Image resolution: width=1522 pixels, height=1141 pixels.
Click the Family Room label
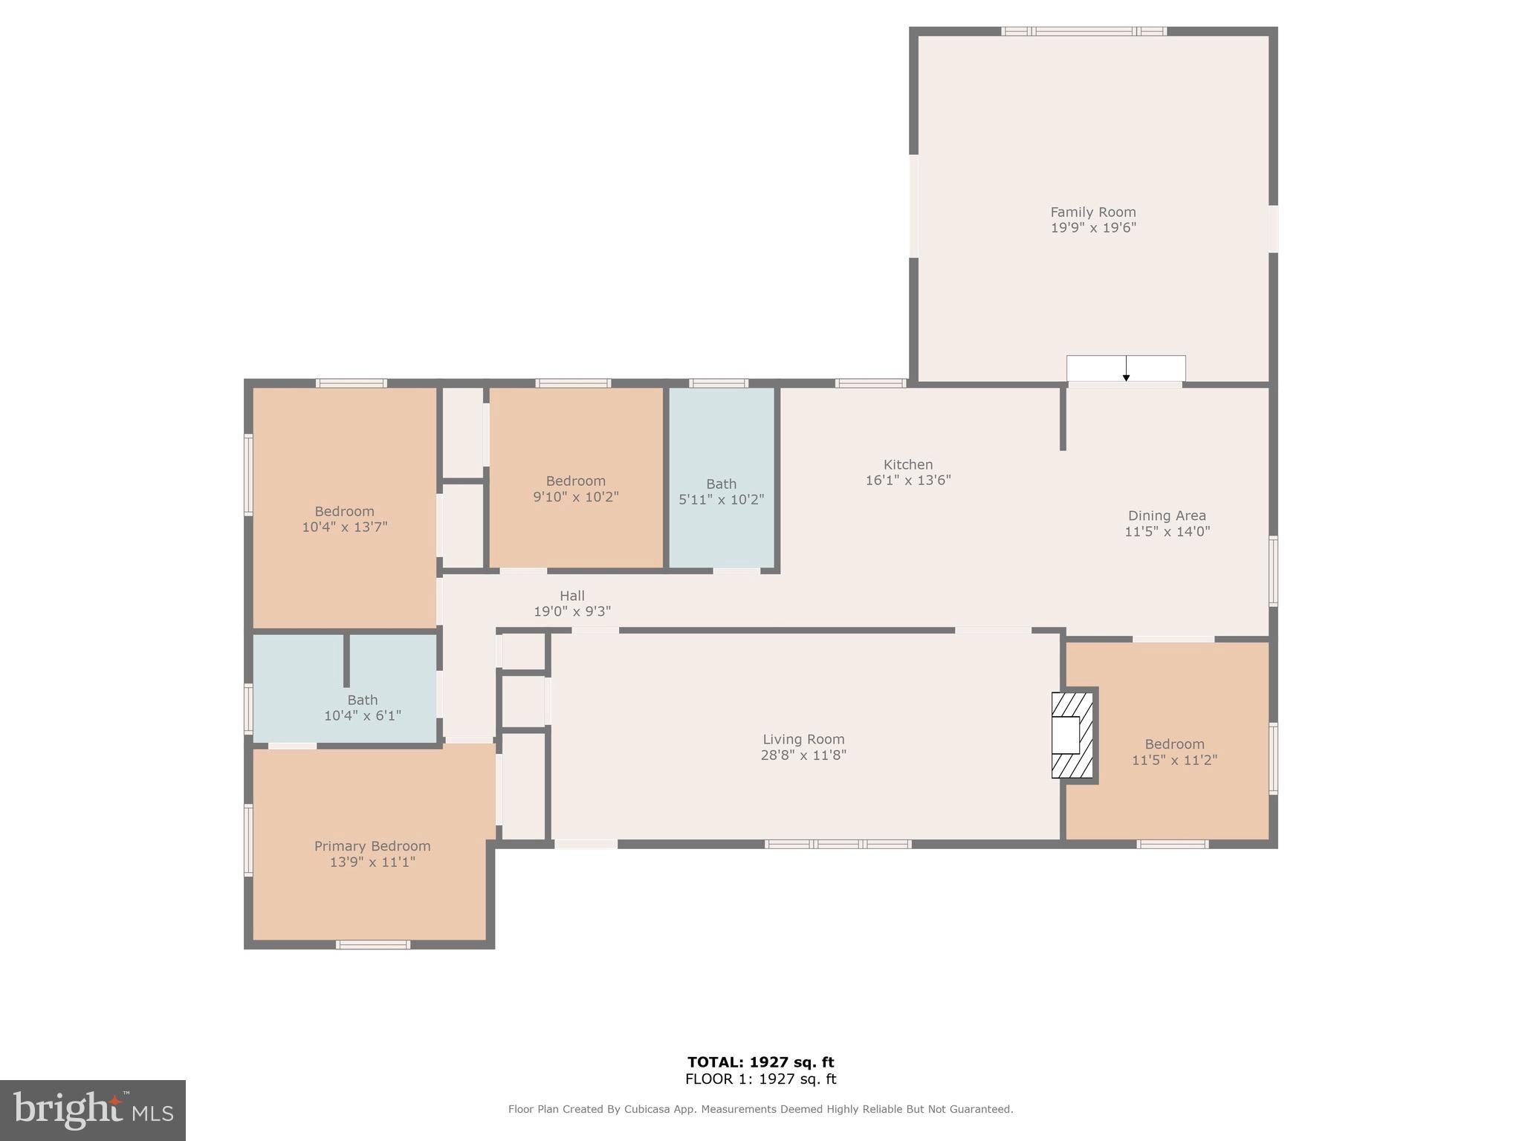[x=1092, y=212]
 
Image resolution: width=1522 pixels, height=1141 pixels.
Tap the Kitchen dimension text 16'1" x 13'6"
[x=907, y=481]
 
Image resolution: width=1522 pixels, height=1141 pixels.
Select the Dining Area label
[x=1166, y=516]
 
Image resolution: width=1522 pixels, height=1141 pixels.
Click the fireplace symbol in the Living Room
[x=1072, y=735]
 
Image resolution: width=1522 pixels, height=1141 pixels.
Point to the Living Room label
[x=803, y=739]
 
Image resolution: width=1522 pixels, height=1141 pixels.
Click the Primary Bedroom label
[x=372, y=846]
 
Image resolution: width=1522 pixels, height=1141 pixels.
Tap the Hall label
[x=571, y=596]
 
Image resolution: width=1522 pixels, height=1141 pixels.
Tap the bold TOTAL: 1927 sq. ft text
[x=760, y=1062]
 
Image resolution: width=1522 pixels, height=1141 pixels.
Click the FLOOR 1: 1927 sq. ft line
[x=760, y=1079]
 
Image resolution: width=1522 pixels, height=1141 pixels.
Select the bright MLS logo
[x=93, y=1110]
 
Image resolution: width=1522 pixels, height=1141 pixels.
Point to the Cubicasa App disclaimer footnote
[x=760, y=1109]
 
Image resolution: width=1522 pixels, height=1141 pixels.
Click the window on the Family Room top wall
[x=1084, y=31]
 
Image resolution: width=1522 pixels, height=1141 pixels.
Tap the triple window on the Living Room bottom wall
[x=838, y=844]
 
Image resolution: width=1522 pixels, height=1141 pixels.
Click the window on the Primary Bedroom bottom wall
[x=372, y=945]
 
